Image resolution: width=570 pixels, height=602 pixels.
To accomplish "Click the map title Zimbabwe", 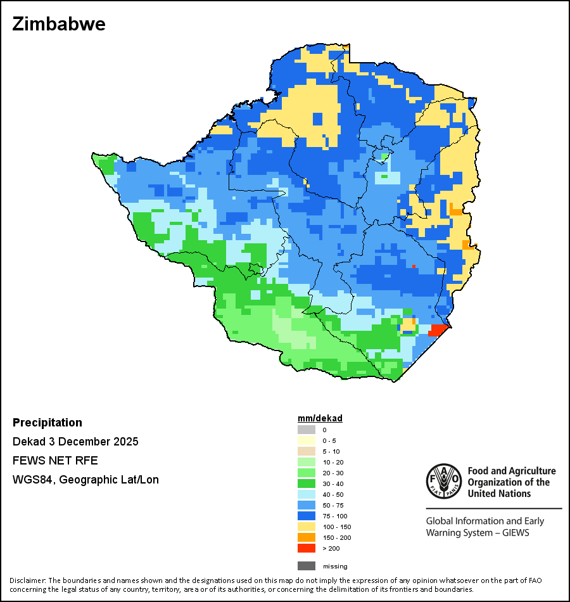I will pyautogui.click(x=59, y=24).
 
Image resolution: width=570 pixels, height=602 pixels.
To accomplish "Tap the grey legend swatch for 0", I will pyautogui.click(x=307, y=430).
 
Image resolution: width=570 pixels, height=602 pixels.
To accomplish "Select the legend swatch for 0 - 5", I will pyautogui.click(x=307, y=440).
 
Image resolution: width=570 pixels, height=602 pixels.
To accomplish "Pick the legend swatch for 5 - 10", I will pyautogui.click(x=307, y=451).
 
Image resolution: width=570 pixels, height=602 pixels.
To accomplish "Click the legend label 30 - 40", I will pyautogui.click(x=333, y=484).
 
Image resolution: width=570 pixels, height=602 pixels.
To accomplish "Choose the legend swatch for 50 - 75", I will pyautogui.click(x=307, y=505).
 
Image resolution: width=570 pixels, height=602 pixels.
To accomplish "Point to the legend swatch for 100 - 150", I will pyautogui.click(x=307, y=527).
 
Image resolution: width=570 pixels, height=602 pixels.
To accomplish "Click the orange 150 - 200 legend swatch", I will pyautogui.click(x=307, y=537).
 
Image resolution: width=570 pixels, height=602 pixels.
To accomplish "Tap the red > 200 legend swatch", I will pyautogui.click(x=307, y=548).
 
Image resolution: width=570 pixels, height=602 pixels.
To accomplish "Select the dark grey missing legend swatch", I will pyautogui.click(x=307, y=566).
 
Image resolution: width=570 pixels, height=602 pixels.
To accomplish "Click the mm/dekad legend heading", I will pyautogui.click(x=320, y=418).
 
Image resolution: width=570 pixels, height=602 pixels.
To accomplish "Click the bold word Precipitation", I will pyautogui.click(x=47, y=423).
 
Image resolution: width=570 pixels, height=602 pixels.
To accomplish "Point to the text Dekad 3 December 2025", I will pyautogui.click(x=75, y=442).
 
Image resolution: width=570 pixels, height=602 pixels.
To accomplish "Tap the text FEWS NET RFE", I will pyautogui.click(x=55, y=461).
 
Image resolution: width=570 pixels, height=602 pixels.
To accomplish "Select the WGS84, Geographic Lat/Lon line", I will pyautogui.click(x=85, y=480).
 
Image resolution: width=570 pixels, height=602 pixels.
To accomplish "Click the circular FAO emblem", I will pyautogui.click(x=443, y=480).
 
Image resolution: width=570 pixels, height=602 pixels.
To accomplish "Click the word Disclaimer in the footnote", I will pyautogui.click(x=27, y=580).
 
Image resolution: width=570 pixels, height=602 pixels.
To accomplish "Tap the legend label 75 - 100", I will pyautogui.click(x=334, y=516).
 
